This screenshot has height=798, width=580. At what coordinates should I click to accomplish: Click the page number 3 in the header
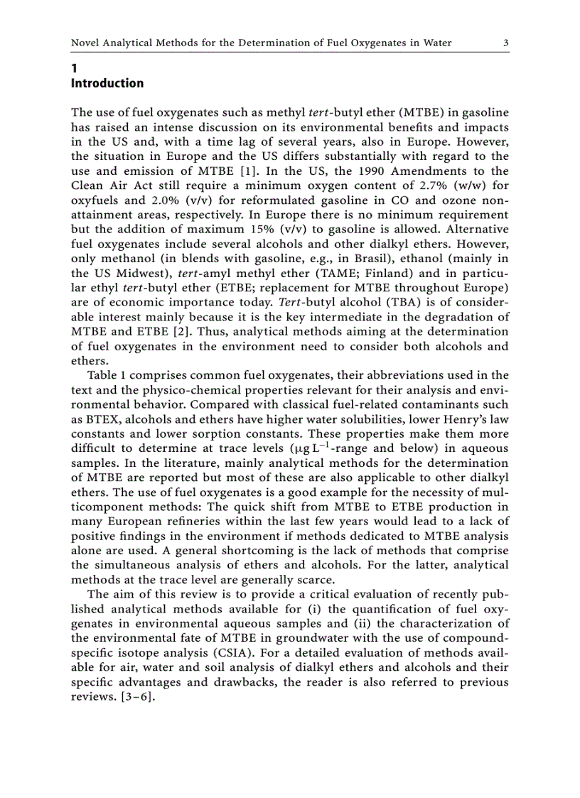[505, 43]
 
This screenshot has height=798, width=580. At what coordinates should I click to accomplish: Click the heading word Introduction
[107, 83]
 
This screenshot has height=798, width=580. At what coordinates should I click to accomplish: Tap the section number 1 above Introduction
[74, 69]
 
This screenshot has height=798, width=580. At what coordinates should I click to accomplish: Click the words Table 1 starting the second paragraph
[106, 375]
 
